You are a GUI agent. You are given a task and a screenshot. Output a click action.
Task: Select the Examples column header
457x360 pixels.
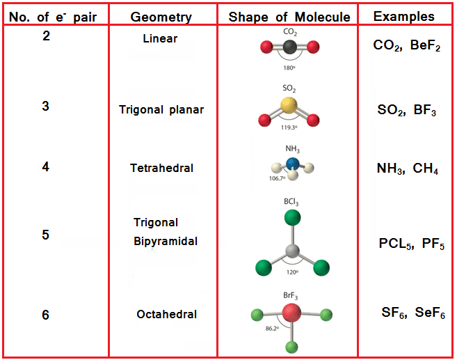coord(403,16)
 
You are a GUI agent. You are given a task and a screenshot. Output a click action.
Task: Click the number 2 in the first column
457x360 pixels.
coord(46,36)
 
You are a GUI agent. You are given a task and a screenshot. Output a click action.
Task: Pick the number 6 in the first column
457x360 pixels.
coord(46,315)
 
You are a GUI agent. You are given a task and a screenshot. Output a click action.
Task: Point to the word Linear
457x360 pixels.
coord(159,38)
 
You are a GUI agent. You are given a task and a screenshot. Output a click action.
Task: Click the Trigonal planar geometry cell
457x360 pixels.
coord(161,109)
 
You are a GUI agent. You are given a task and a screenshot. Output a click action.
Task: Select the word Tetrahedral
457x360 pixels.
coord(161,168)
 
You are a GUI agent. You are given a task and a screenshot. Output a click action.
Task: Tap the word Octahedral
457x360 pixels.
coord(166,314)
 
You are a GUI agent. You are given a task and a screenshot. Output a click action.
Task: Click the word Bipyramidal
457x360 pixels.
coord(166,242)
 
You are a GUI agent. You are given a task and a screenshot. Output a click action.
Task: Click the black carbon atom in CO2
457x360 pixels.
coord(289,47)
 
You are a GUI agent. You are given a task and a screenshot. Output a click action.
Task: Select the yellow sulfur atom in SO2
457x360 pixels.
coord(289,105)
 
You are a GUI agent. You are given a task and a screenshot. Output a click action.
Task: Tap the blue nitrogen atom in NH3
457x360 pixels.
coord(292,164)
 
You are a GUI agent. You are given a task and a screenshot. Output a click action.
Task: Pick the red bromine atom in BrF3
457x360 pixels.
coord(292,314)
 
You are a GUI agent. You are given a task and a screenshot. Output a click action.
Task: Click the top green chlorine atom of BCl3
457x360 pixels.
coord(292,217)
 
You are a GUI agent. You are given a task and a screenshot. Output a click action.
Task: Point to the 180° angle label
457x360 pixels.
coord(289,68)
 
